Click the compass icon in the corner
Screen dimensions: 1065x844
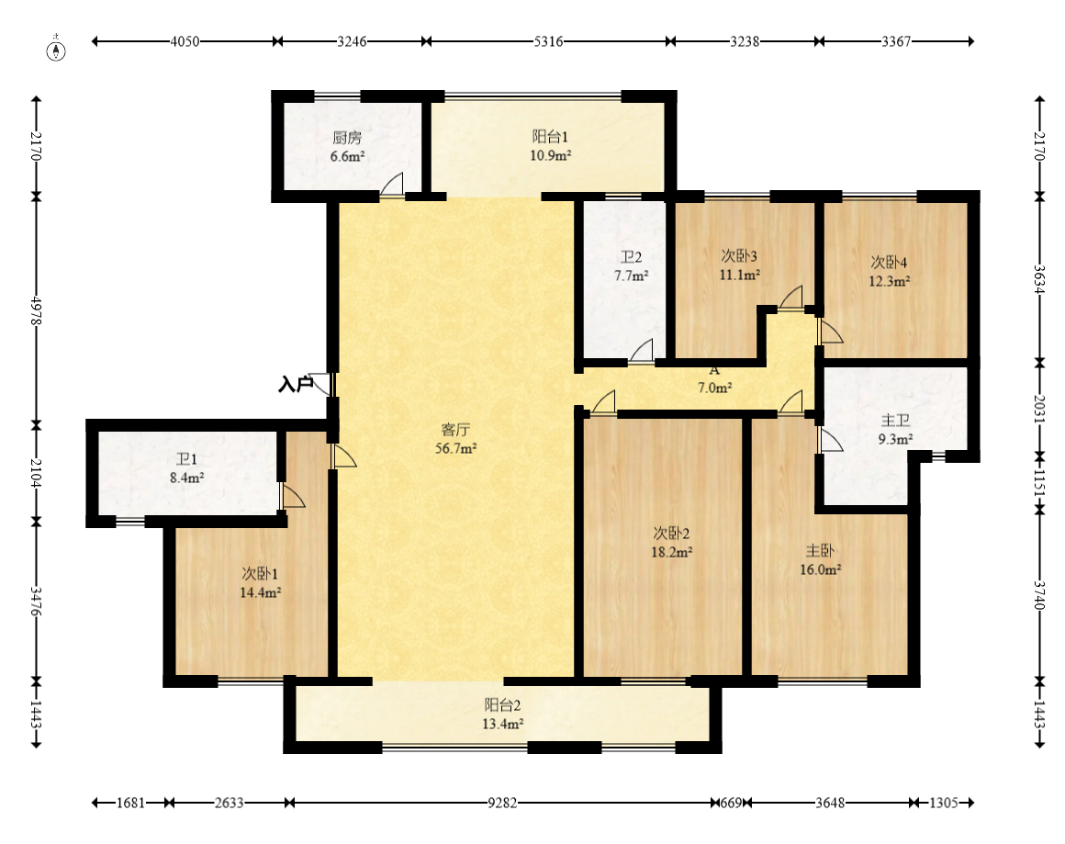(56, 51)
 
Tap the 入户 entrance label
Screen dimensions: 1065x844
(296, 385)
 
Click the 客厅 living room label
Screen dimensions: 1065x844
(455, 430)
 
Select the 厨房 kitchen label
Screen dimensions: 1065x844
(347, 137)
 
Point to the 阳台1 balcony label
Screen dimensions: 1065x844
(550, 137)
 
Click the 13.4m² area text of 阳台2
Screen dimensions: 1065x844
(502, 725)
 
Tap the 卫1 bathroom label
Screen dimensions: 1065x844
(186, 459)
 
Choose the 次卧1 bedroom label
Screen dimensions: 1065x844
(260, 574)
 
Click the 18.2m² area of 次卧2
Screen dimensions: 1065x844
(672, 553)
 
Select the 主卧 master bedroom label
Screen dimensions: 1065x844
(820, 550)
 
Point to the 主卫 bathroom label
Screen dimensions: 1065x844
(895, 421)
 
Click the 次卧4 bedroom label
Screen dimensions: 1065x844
(889, 263)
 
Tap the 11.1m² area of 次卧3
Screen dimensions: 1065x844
(740, 275)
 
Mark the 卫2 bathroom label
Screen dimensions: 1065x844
(631, 257)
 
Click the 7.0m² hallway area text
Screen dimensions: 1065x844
(714, 388)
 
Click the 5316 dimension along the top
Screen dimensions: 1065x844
(548, 41)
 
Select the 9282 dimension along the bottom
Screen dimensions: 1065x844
(502, 804)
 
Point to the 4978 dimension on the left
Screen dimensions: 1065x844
(36, 309)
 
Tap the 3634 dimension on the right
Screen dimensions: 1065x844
(1039, 278)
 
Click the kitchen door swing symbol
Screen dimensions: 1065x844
(391, 185)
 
